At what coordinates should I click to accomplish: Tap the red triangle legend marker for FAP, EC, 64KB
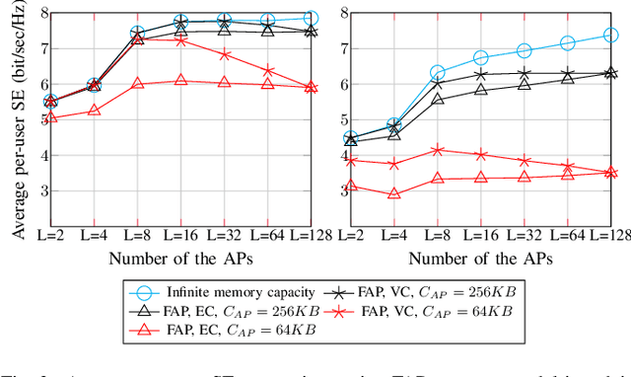pyautogui.click(x=143, y=328)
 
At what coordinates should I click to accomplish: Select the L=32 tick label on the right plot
pyautogui.click(x=524, y=236)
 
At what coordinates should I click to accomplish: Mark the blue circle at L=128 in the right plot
pyautogui.click(x=610, y=36)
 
